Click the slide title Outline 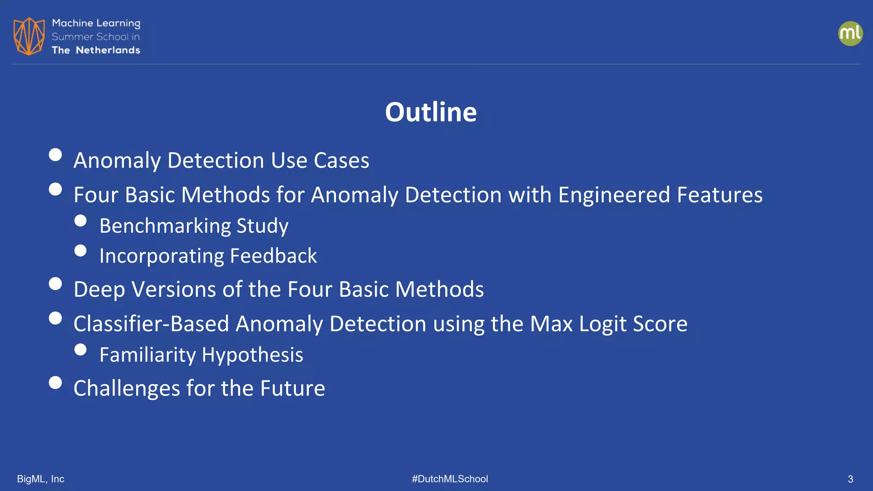[431, 112]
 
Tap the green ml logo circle [850, 34]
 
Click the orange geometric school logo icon [29, 36]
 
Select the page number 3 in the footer [850, 479]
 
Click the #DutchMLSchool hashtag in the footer [450, 479]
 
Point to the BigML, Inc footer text [40, 479]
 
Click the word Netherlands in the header [108, 50]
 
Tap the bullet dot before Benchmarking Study [80, 220]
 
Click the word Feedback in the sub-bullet [273, 256]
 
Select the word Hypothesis [252, 355]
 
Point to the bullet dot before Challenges [55, 382]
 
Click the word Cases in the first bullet [341, 161]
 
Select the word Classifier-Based [151, 324]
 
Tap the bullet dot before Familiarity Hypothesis [80, 349]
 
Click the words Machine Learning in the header [96, 23]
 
